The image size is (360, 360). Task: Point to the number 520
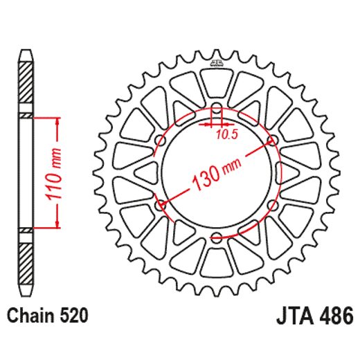[x=73, y=316]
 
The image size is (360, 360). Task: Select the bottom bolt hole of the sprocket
[x=216, y=237]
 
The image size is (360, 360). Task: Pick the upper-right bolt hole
[x=272, y=141]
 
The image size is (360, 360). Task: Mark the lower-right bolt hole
[x=272, y=206]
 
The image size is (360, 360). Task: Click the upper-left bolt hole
[x=161, y=141]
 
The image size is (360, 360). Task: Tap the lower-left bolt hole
[x=161, y=206]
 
